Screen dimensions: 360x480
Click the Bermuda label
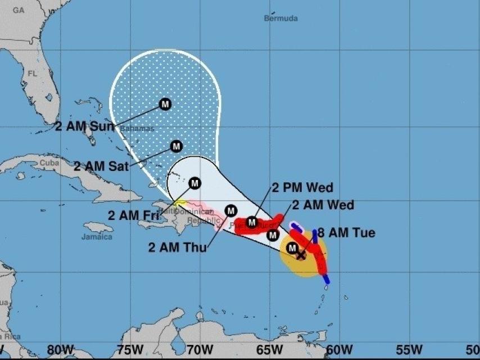coord(280,18)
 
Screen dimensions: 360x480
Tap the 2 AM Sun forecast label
coord(84,126)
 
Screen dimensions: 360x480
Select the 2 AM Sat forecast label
coord(102,166)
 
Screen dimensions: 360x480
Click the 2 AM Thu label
coord(177,246)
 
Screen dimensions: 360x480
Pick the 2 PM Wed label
coord(302,187)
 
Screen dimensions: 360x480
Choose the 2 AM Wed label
coord(323,205)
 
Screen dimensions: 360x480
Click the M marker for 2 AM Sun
coord(165,104)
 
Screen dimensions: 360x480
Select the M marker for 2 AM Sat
coord(176,146)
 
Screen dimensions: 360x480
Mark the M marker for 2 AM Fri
coord(194,183)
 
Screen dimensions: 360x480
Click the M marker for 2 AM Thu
coord(230,210)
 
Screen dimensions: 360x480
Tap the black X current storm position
coord(301,255)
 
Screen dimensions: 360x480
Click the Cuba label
coord(49,163)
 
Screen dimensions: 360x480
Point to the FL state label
coord(32,73)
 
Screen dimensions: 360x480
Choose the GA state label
coord(19,10)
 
